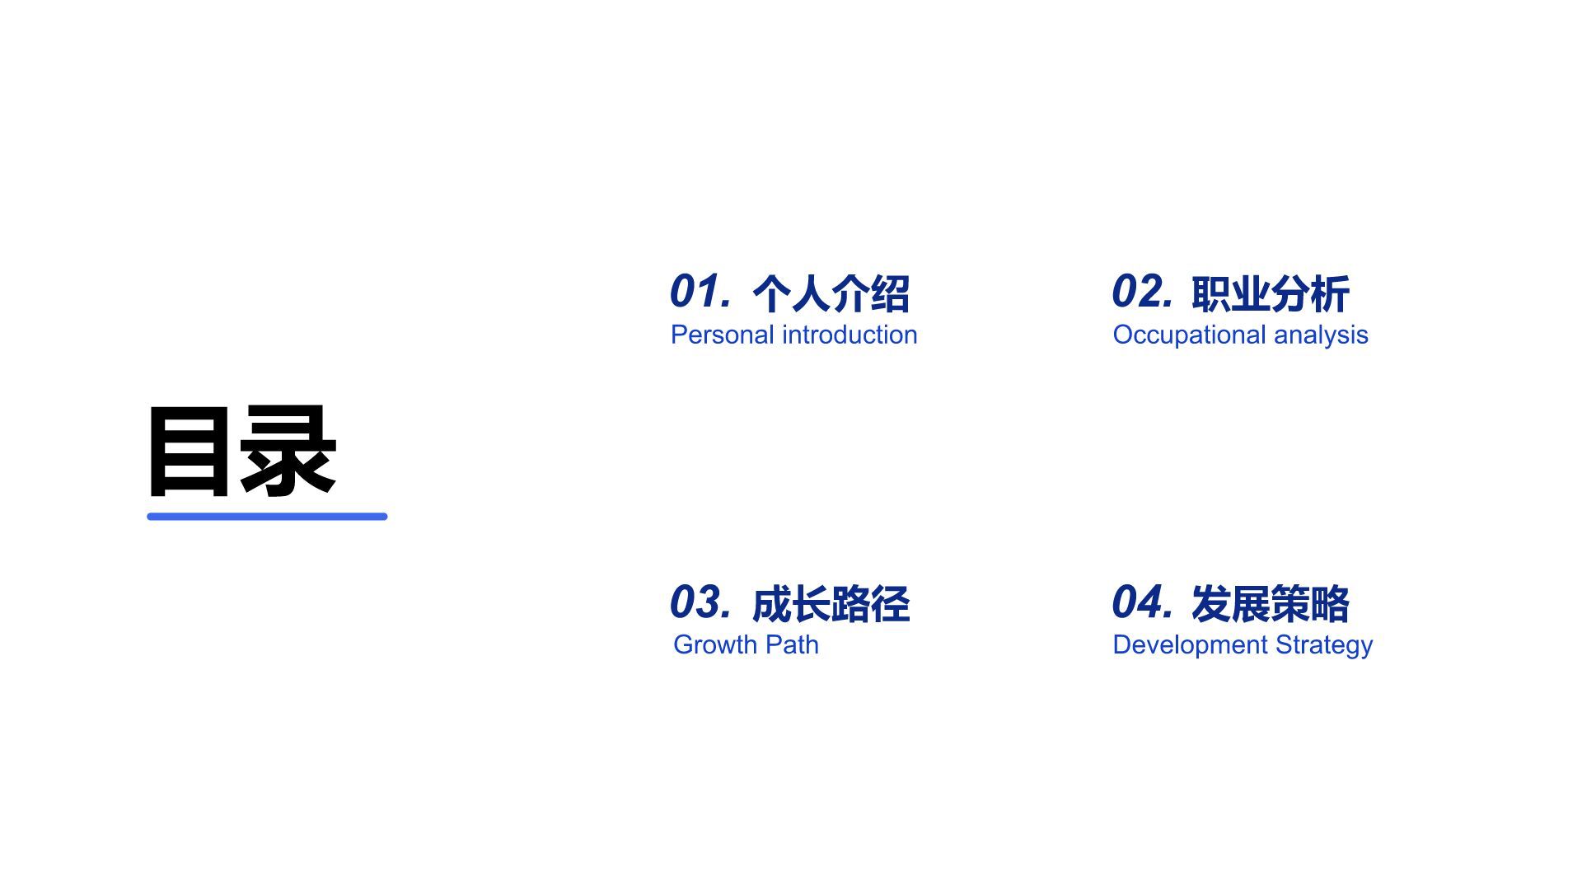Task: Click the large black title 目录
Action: point(241,452)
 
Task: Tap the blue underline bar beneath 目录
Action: point(267,517)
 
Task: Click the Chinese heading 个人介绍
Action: point(831,294)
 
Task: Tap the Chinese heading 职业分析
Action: point(1270,294)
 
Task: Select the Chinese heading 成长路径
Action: point(831,604)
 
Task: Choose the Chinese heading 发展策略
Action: point(1270,604)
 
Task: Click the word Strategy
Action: point(1324,645)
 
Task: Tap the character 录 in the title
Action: point(288,452)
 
